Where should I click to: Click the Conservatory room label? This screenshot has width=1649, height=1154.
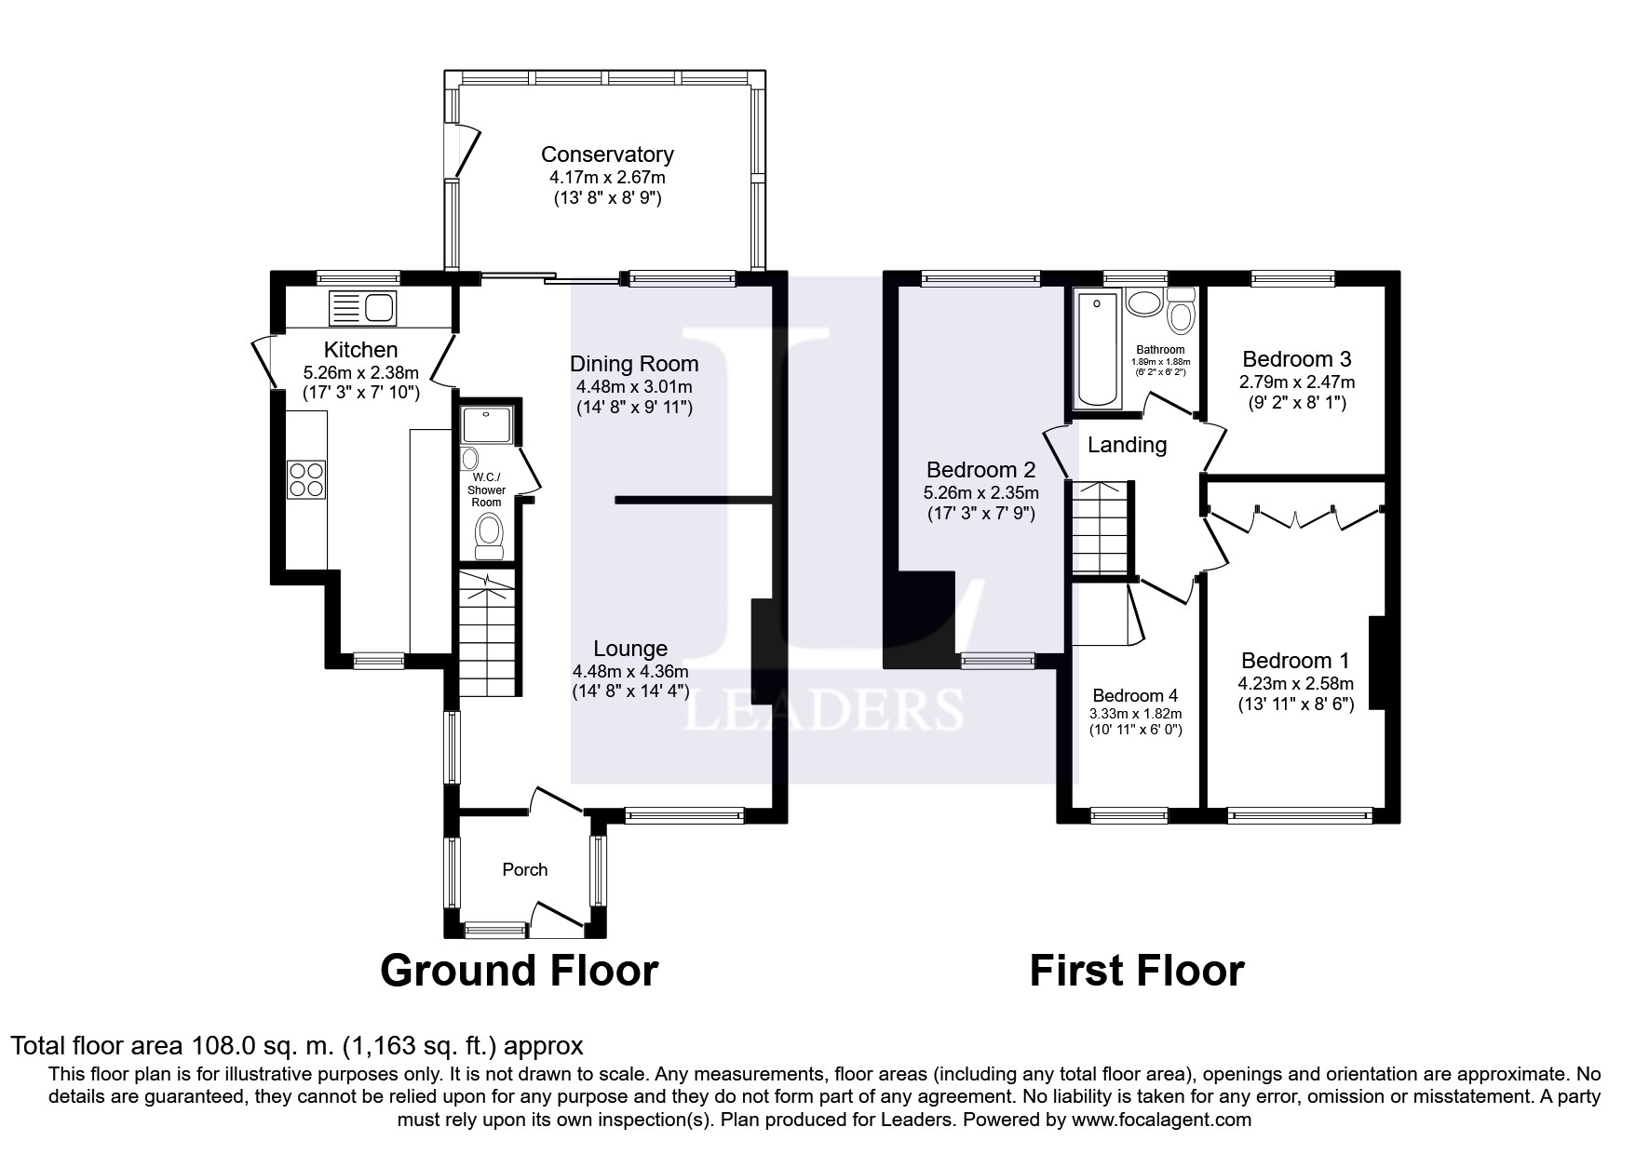click(x=607, y=154)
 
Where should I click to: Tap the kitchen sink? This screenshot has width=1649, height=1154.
click(x=363, y=307)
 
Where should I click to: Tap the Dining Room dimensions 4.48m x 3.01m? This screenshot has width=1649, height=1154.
click(x=633, y=387)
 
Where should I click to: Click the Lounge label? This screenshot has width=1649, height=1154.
click(x=630, y=649)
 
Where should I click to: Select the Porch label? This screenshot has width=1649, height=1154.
click(x=525, y=869)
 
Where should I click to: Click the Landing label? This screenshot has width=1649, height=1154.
click(x=1127, y=445)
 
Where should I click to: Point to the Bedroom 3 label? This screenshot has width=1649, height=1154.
click(x=1297, y=359)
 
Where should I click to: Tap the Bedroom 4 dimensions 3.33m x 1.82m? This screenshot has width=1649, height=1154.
click(x=1135, y=714)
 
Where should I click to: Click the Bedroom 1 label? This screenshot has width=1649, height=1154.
click(x=1295, y=661)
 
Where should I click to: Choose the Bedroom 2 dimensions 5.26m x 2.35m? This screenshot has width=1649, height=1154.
click(x=982, y=492)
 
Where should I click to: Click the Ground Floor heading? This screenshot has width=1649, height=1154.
click(x=519, y=971)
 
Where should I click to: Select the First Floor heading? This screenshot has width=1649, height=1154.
click(x=1136, y=971)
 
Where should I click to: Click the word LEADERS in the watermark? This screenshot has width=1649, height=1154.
click(x=824, y=710)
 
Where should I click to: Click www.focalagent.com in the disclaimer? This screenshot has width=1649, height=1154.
click(x=1161, y=1120)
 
